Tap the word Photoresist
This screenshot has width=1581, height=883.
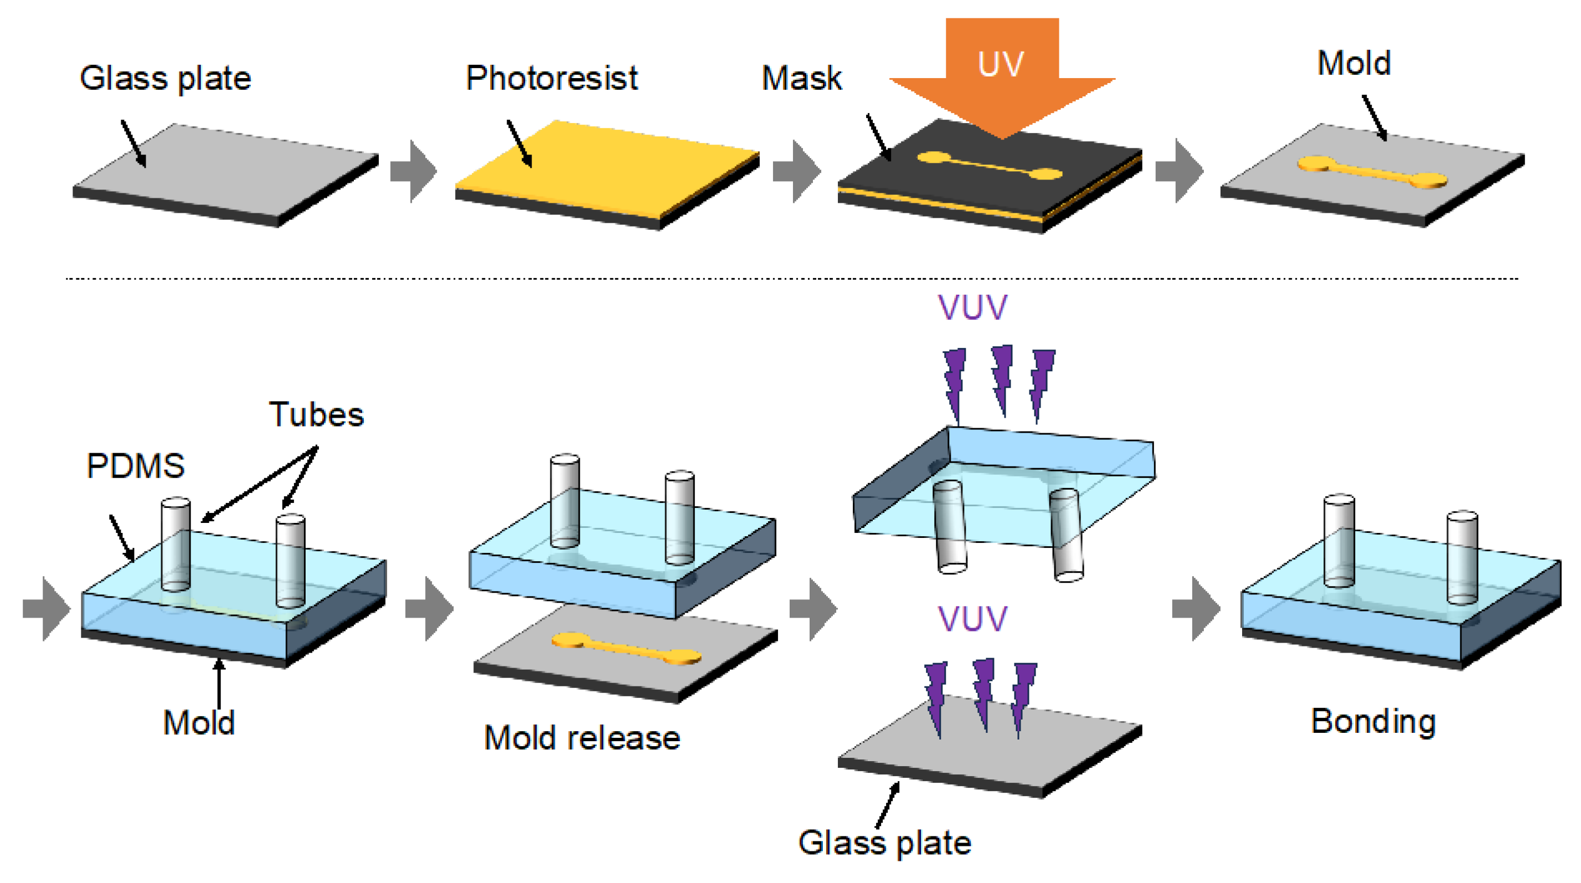point(551,78)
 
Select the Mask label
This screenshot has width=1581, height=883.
point(801,78)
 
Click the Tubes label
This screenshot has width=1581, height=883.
point(316,414)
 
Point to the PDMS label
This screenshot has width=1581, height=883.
point(136,465)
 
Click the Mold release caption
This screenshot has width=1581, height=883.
point(582,737)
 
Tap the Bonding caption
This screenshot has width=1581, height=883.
point(1373,721)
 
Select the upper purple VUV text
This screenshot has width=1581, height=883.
point(972,307)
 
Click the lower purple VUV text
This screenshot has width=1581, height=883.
point(972,618)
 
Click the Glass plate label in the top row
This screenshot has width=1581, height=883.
point(166,78)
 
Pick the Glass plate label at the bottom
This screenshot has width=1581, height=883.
point(884,843)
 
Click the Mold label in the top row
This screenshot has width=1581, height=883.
point(1354,63)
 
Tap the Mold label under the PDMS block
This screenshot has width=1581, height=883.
point(199,723)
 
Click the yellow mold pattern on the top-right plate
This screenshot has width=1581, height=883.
point(1372,172)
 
